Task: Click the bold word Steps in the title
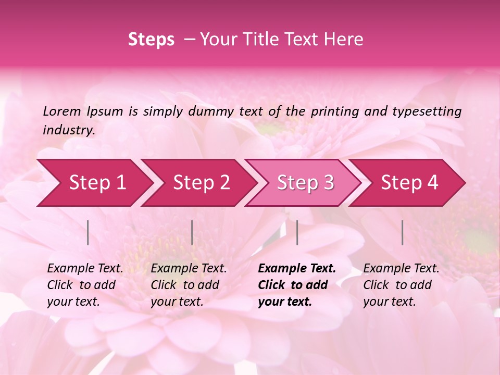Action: pyautogui.click(x=151, y=40)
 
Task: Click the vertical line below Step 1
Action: pyautogui.click(x=88, y=232)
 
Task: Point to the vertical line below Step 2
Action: pyautogui.click(x=192, y=232)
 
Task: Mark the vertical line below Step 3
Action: pyautogui.click(x=297, y=232)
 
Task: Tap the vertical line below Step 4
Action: pyautogui.click(x=403, y=232)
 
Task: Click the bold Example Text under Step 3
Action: pyautogui.click(x=297, y=269)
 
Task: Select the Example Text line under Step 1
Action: pyautogui.click(x=85, y=269)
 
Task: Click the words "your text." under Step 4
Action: pyautogui.click(x=390, y=302)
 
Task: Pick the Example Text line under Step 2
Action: pyautogui.click(x=189, y=269)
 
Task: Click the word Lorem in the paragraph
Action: pyautogui.click(x=62, y=111)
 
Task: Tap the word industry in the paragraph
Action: pyautogui.click(x=69, y=130)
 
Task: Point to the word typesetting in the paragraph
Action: pyautogui.click(x=427, y=111)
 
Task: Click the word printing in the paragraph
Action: pyautogui.click(x=333, y=111)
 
